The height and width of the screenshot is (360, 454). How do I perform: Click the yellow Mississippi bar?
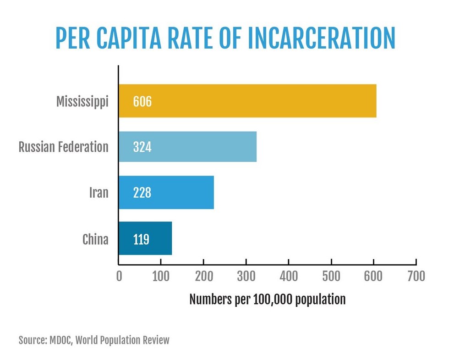[x=247, y=101]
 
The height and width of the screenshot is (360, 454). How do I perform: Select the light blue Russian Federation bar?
[x=187, y=147]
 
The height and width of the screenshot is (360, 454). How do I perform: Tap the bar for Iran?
[x=166, y=192]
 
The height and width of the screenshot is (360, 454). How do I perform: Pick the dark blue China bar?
[x=145, y=238]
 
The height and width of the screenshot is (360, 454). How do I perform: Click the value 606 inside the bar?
[x=142, y=101]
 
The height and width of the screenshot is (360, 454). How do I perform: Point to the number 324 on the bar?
[x=142, y=147]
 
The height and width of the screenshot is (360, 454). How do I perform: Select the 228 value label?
[x=142, y=193]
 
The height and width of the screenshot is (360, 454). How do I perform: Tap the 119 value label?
[x=141, y=239]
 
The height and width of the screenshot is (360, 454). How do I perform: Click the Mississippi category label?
[x=82, y=101]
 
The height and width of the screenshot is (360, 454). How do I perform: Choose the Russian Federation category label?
[x=63, y=147]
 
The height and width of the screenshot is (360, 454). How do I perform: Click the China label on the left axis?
[x=95, y=239]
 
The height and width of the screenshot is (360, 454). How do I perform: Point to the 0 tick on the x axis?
[x=119, y=276]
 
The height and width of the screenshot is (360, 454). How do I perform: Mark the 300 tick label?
[x=246, y=276]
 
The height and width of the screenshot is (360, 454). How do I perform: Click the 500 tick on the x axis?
[x=331, y=276]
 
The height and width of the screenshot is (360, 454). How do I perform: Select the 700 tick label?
[x=416, y=276]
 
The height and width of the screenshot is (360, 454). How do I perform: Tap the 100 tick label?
[x=161, y=276]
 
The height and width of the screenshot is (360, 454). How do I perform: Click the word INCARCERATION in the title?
[x=321, y=38]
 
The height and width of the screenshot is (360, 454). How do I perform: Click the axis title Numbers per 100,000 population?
[x=267, y=299]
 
